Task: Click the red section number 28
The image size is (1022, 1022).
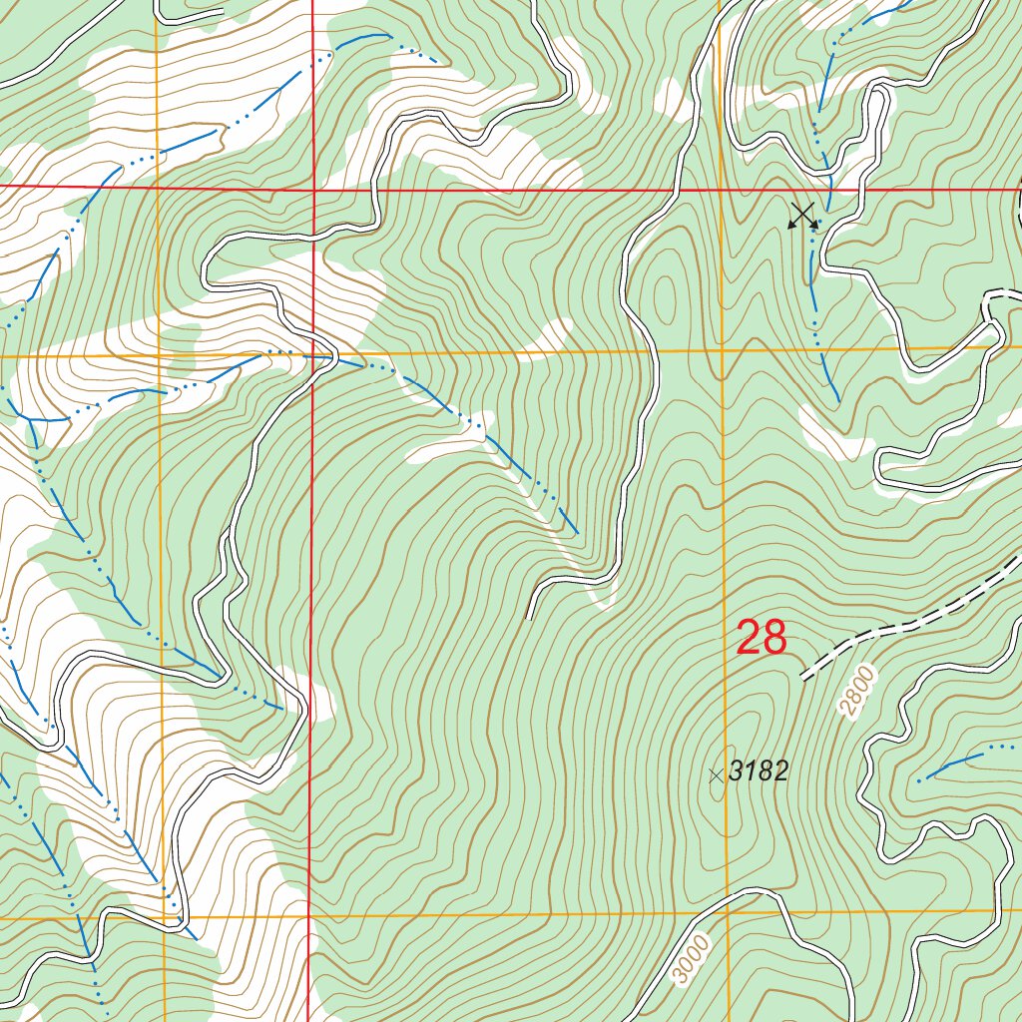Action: pos(762,638)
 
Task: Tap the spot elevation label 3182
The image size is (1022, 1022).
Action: pos(759,770)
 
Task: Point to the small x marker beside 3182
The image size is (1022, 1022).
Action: pos(715,774)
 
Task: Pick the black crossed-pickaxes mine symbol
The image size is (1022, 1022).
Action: pos(803,216)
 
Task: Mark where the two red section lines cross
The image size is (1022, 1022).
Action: pos(312,187)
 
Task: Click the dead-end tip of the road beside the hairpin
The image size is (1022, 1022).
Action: pos(529,617)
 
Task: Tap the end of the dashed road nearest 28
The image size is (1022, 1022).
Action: pos(804,678)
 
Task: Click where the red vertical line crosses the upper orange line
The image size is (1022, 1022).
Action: pos(312,354)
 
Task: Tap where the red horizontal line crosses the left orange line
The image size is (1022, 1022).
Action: pos(158,187)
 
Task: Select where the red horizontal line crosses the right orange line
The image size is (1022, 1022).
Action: pos(721,189)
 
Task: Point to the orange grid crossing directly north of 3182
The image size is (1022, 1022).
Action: pos(723,350)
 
